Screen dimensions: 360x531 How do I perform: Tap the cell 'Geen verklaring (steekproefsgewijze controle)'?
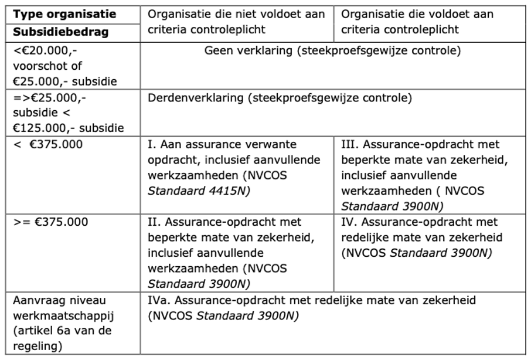tap(332, 51)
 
